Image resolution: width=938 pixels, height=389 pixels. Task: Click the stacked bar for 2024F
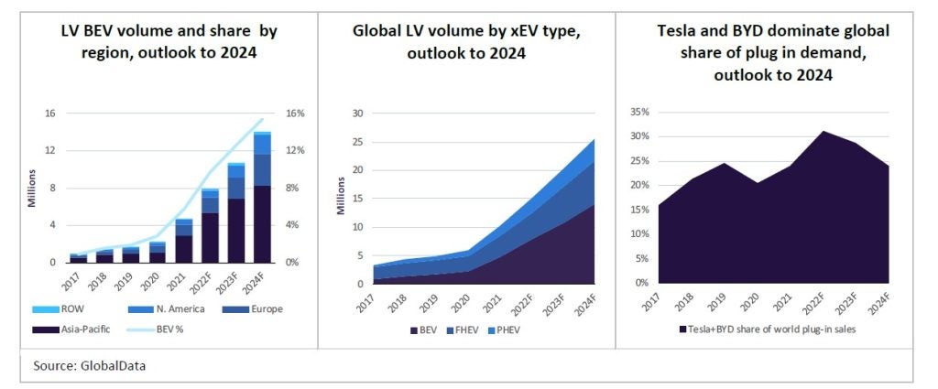pyautogui.click(x=262, y=197)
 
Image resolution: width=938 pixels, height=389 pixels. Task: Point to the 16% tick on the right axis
pyautogui.click(x=295, y=113)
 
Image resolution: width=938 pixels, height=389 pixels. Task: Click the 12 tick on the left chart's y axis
pyautogui.click(x=50, y=150)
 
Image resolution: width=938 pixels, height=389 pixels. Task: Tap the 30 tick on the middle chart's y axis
pyautogui.click(x=358, y=113)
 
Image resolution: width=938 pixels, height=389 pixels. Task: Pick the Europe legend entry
pyautogui.click(x=262, y=308)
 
